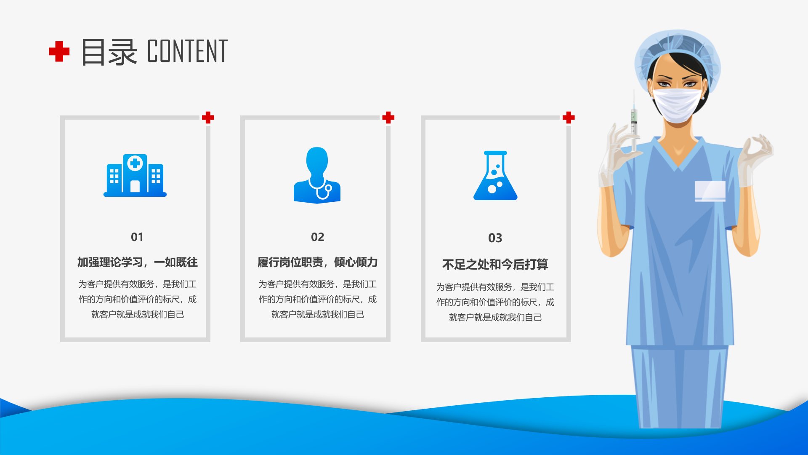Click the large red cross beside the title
(59, 51)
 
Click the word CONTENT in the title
(187, 51)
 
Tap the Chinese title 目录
(109, 52)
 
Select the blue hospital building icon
(135, 175)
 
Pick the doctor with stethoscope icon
(317, 175)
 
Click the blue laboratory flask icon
(495, 175)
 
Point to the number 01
(137, 237)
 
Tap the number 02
(318, 237)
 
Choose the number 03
(495, 238)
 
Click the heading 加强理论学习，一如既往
(137, 262)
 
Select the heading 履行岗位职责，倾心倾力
(318, 262)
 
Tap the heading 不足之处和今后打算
(495, 264)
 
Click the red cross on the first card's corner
(208, 118)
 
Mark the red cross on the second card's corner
(388, 118)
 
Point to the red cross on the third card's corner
(569, 118)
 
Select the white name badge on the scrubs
(710, 191)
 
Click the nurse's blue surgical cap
(677, 57)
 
